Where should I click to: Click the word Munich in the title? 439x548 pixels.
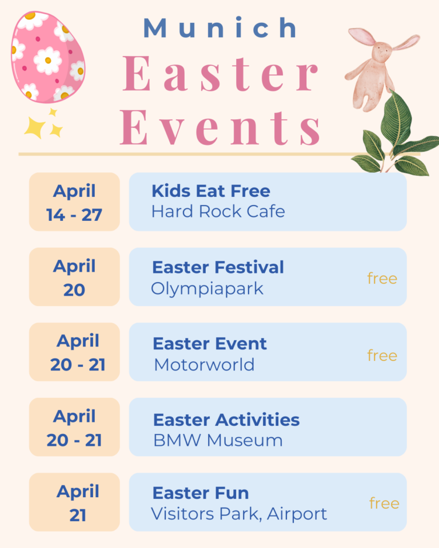point(221,27)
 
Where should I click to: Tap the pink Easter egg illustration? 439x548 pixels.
point(48,57)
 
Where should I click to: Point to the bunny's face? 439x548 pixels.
point(382,51)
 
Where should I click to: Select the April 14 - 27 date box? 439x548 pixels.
point(74,202)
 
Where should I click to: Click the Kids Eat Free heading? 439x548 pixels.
point(211,191)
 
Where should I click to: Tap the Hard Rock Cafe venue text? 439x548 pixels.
point(218,211)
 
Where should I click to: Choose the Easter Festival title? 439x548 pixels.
point(218,267)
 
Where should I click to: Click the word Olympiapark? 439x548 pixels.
point(207,289)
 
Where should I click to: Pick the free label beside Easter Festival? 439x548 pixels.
point(382,279)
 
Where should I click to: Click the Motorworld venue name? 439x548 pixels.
point(204,365)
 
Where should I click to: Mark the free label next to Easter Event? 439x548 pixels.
point(382,356)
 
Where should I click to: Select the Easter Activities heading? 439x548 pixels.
point(226,420)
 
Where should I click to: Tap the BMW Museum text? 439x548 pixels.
point(218,440)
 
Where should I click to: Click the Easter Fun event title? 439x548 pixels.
point(201,493)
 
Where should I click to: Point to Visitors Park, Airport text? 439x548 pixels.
point(239,514)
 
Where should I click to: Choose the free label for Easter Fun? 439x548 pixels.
point(384,503)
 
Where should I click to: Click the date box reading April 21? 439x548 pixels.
point(74,502)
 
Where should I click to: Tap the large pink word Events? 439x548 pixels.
point(220,127)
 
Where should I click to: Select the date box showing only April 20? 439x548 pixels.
point(74,277)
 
